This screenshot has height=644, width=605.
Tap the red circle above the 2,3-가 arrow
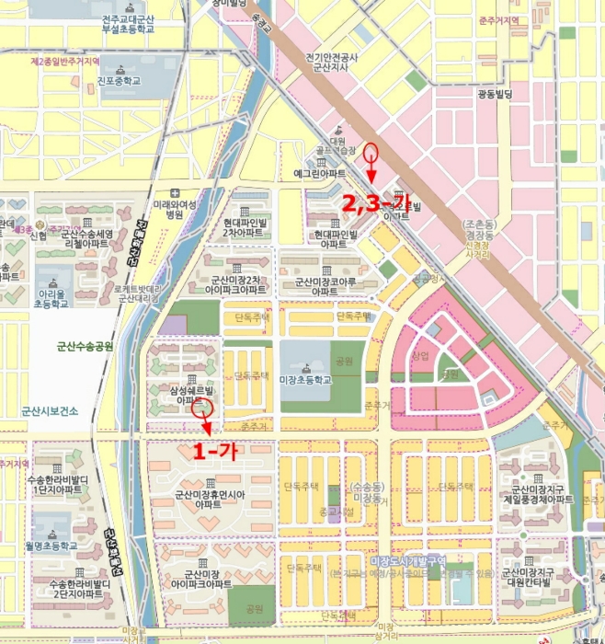(x=371, y=153)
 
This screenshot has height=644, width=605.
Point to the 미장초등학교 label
(x=305, y=379)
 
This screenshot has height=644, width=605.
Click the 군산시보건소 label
(x=50, y=411)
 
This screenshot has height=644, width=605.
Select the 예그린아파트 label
(x=319, y=173)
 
